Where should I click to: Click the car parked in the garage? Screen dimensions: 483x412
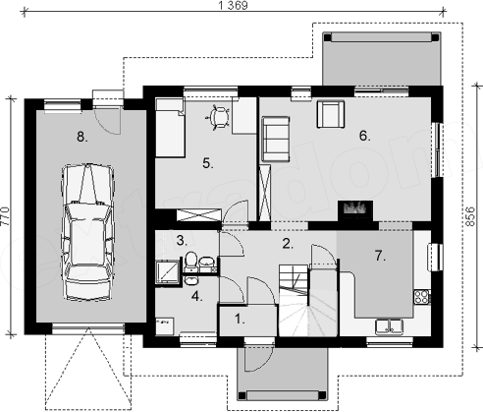[87, 231]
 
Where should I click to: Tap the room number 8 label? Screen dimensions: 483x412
[82, 137]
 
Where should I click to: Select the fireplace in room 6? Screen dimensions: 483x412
[355, 210]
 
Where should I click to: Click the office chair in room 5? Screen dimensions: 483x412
[219, 117]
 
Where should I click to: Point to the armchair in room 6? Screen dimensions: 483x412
[331, 114]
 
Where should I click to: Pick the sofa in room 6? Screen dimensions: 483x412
[275, 139]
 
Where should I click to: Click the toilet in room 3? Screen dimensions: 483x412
[190, 262]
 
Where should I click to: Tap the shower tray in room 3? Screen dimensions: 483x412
[167, 271]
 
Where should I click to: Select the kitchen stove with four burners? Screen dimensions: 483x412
[422, 297]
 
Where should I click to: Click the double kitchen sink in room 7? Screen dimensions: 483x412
[389, 326]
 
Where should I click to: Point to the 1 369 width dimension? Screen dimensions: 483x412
[234, 6]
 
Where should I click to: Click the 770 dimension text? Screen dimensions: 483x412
[5, 216]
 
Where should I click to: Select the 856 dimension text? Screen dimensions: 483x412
[470, 216]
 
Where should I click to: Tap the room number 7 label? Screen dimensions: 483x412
[380, 256]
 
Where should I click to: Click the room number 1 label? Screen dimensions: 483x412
[240, 320]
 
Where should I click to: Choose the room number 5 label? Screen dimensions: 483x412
[208, 163]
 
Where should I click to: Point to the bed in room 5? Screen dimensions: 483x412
[170, 127]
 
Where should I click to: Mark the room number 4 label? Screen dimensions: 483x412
[196, 296]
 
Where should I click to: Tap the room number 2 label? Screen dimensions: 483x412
[288, 244]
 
